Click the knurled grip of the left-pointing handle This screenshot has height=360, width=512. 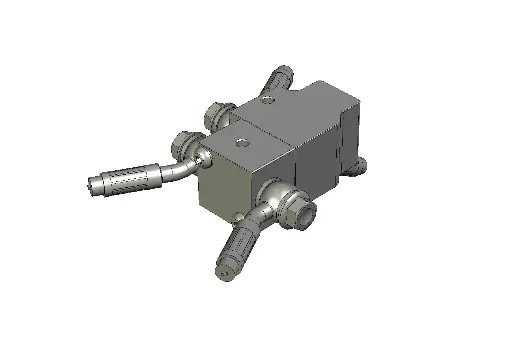point(130,180)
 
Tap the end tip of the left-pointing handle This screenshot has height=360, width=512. point(92,185)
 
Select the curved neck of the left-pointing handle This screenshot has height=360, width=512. point(180,169)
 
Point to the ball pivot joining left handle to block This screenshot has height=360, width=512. point(203,158)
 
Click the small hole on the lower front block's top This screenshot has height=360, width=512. point(240,143)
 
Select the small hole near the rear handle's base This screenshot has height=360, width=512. point(267,99)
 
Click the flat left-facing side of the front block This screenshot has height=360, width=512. point(225,190)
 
